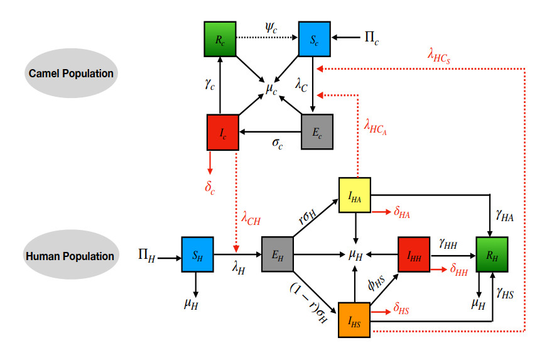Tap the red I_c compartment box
coord(223,132)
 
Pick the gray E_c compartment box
coord(318,132)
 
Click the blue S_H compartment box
coord(198,254)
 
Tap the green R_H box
coord(492,254)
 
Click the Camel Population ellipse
coord(71,74)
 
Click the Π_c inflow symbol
coord(371,38)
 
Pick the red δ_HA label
coord(403,214)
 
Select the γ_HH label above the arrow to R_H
coord(448,243)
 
